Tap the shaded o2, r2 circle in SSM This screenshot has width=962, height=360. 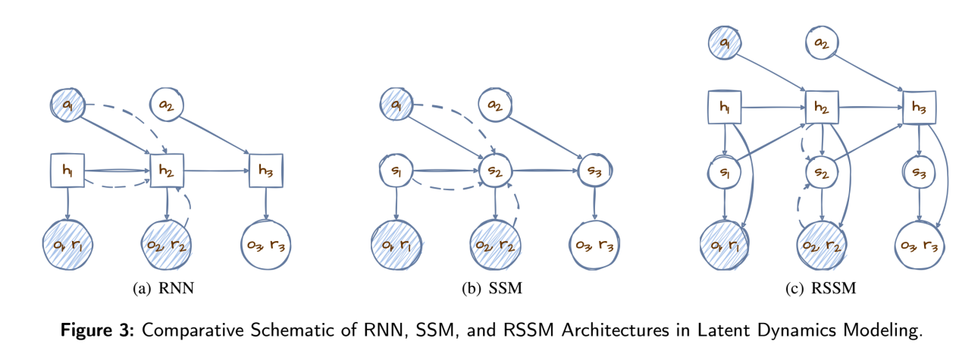click(x=494, y=243)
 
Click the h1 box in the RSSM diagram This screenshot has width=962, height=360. click(x=725, y=108)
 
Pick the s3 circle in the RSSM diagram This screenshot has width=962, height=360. click(x=920, y=173)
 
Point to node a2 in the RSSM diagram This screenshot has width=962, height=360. click(x=823, y=43)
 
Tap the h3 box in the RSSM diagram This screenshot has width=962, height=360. click(x=920, y=108)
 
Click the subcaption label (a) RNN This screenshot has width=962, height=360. click(x=166, y=288)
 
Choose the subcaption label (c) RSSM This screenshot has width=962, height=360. click(x=822, y=288)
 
